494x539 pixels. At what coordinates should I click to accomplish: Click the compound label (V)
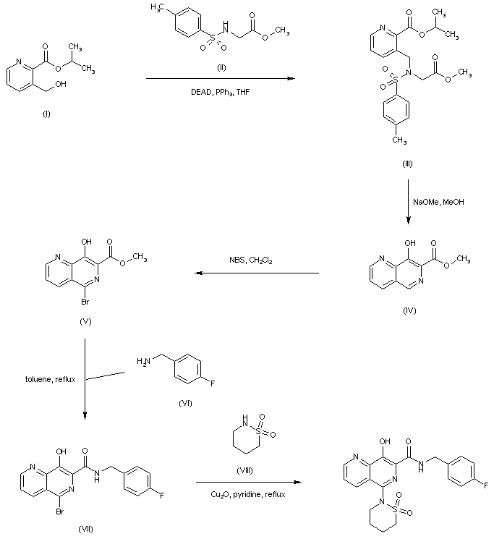point(85,318)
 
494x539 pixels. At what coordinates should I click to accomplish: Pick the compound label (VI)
point(184,403)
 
